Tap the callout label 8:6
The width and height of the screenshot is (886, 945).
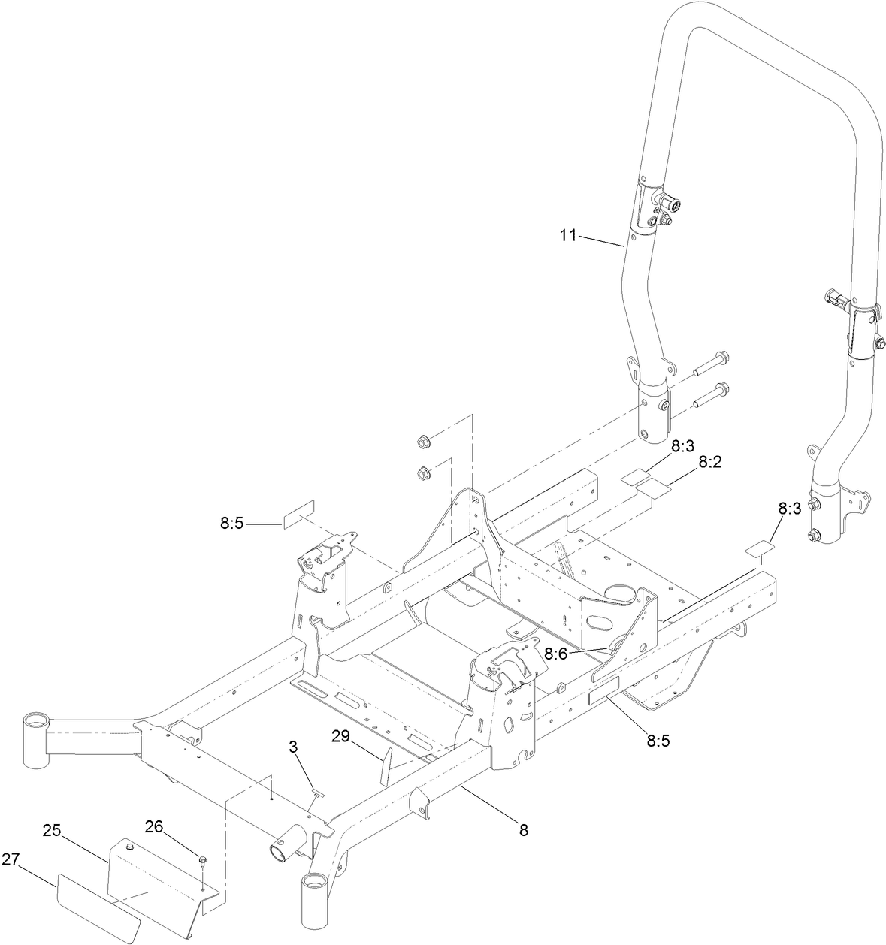pyautogui.click(x=556, y=654)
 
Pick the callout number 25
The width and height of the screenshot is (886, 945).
pyautogui.click(x=52, y=832)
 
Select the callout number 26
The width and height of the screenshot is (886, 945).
pyautogui.click(x=154, y=827)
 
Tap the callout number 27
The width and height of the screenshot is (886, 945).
pyautogui.click(x=11, y=859)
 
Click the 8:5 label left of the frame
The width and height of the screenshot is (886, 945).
pyautogui.click(x=231, y=524)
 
